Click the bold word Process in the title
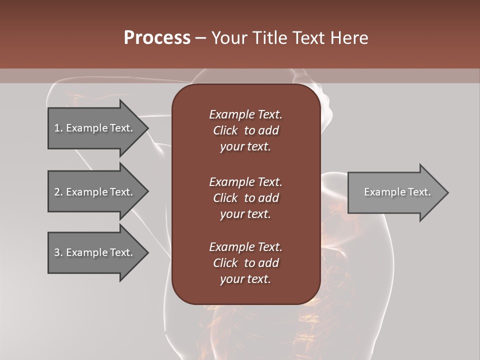click(x=157, y=38)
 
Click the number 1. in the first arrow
click(x=58, y=128)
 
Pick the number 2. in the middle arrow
click(x=58, y=192)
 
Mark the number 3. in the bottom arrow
click(x=58, y=252)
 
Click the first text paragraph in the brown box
click(x=245, y=130)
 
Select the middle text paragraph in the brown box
click(x=245, y=197)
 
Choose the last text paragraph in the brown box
click(x=245, y=263)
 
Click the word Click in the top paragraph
click(x=225, y=130)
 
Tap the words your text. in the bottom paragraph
click(x=245, y=279)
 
